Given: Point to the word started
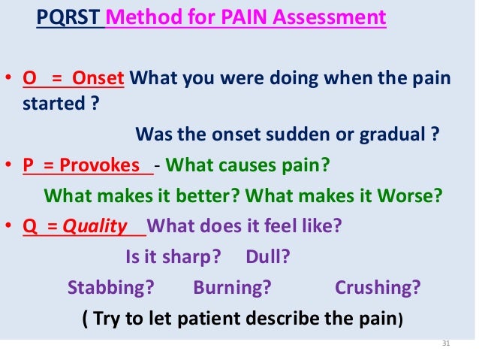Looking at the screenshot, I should [x=54, y=104].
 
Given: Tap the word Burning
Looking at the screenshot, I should [x=232, y=287].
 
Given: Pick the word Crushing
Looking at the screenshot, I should [x=377, y=287].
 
